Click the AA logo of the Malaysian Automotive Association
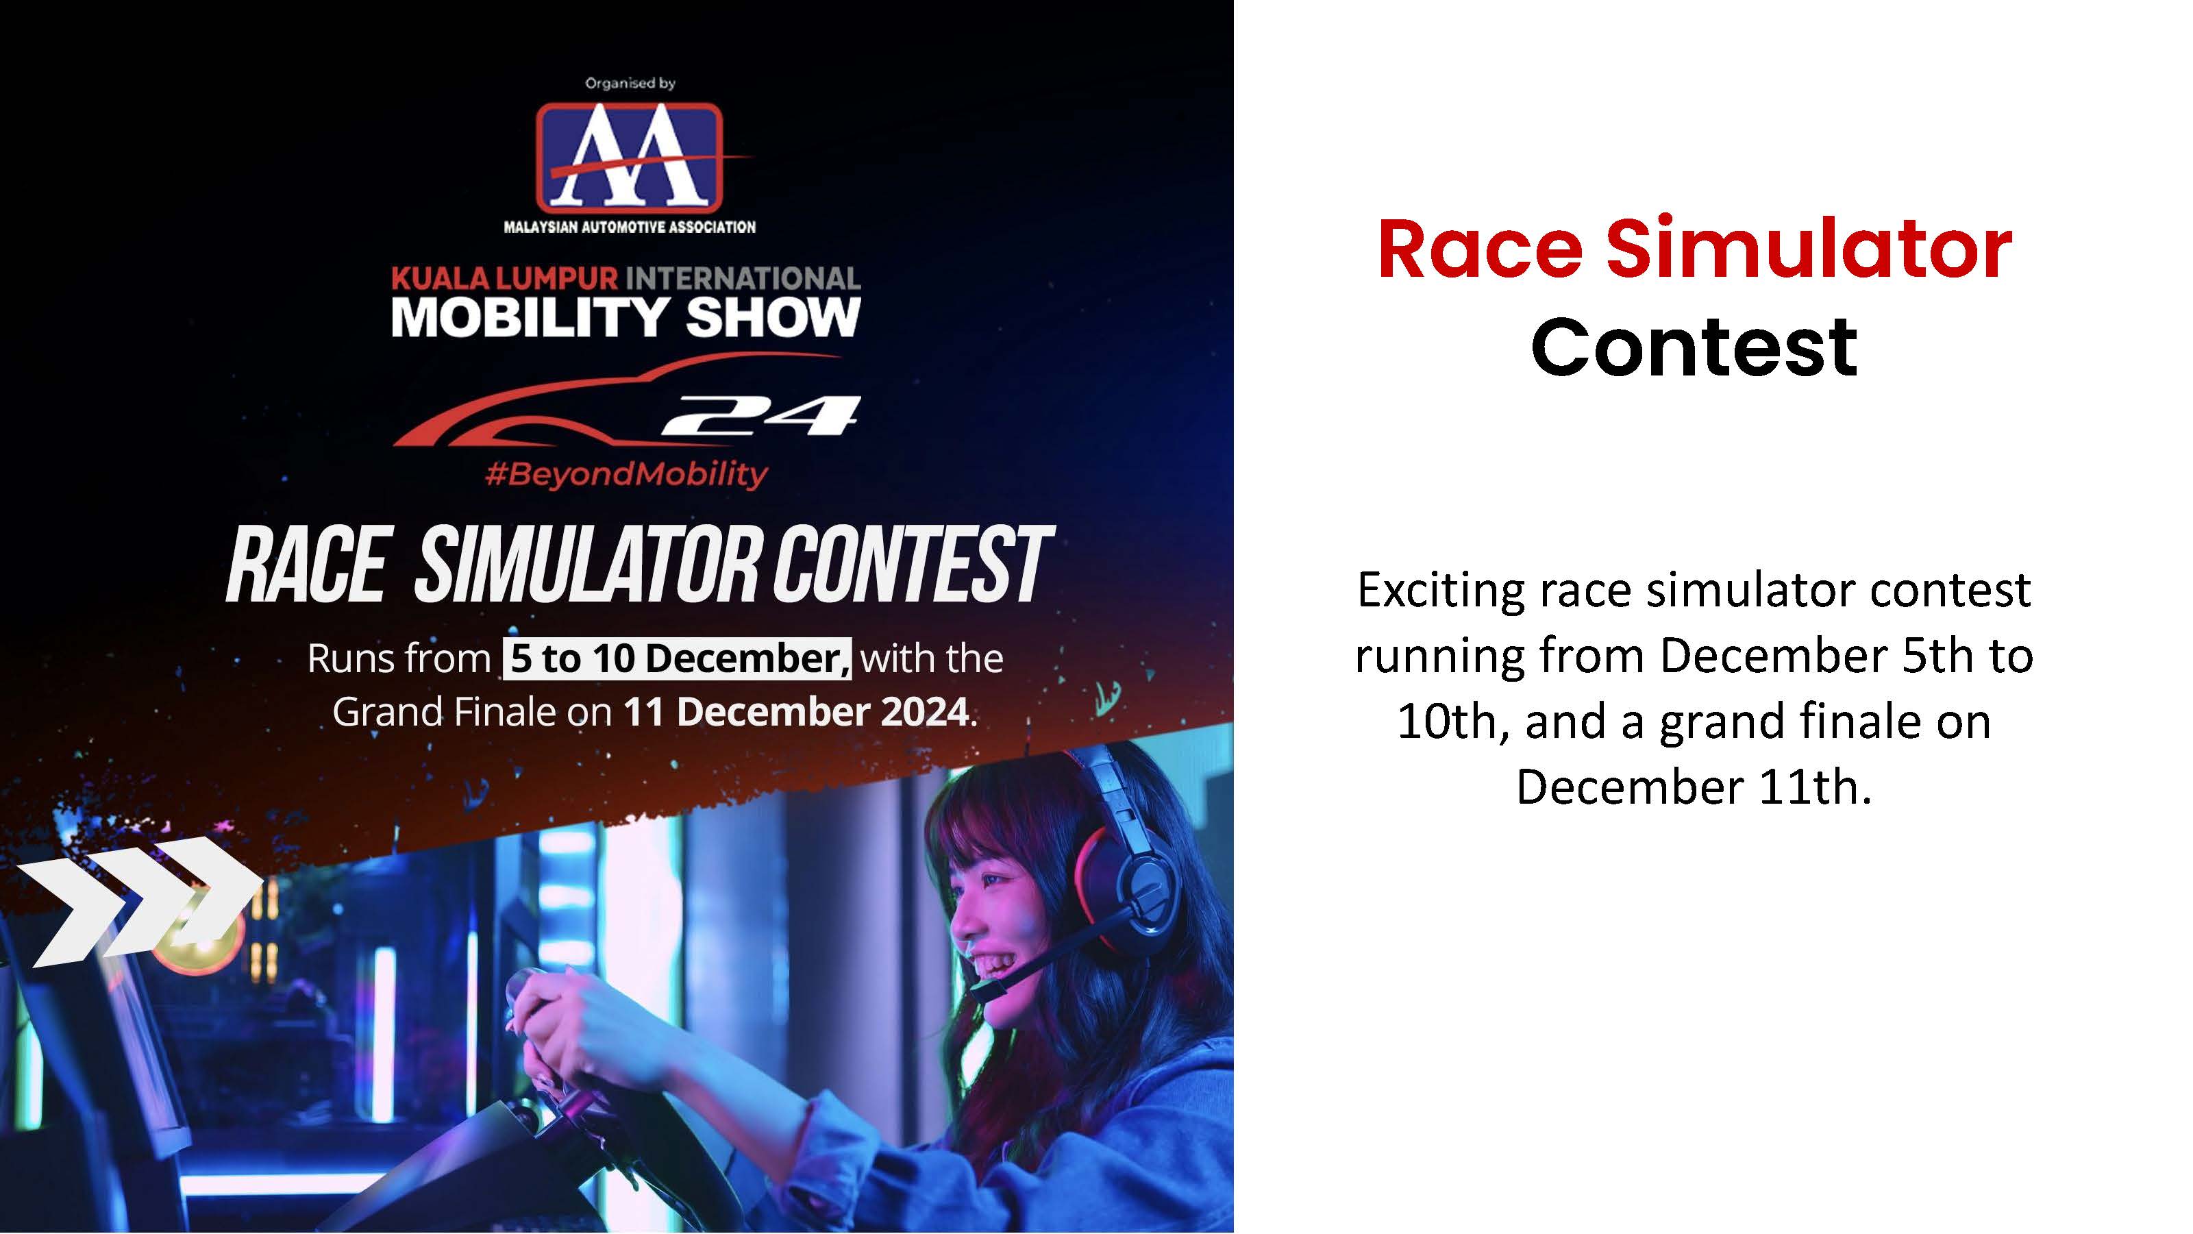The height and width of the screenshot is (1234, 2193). (630, 158)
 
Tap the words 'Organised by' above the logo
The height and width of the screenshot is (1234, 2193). (630, 83)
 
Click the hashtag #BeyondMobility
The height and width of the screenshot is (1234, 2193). (627, 473)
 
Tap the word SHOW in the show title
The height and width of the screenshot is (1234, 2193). (773, 318)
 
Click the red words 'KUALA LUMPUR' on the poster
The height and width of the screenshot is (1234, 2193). (505, 278)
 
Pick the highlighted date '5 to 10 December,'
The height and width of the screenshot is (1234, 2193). (677, 658)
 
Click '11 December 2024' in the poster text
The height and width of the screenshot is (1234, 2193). (797, 712)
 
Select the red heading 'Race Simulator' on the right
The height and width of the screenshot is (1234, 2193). (1694, 249)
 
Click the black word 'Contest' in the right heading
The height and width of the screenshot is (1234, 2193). (1694, 347)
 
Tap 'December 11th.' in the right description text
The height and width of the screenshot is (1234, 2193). (1694, 787)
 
